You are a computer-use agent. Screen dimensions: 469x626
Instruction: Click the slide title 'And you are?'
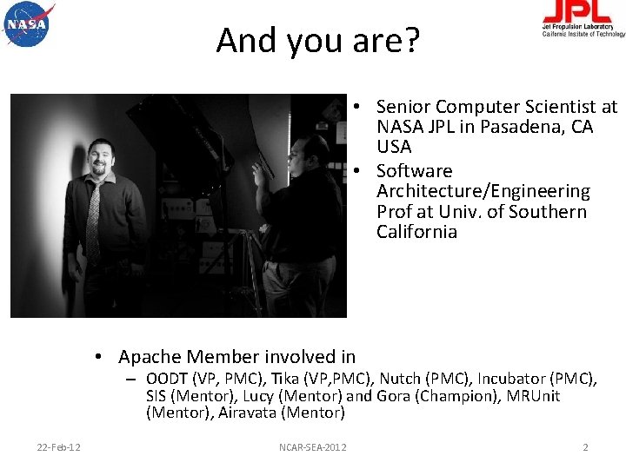click(x=317, y=40)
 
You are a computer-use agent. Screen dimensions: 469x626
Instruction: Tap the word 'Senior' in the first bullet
click(x=403, y=107)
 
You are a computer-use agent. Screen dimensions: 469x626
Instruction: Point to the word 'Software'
click(x=414, y=171)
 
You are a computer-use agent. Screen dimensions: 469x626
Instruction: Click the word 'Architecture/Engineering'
click(x=483, y=191)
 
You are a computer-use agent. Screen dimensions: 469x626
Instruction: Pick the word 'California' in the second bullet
click(x=416, y=232)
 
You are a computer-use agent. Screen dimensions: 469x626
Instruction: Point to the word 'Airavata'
click(x=247, y=413)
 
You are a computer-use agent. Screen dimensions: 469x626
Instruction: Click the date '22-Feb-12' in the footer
click(x=59, y=447)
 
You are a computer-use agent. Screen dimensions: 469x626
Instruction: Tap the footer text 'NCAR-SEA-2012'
click(x=312, y=447)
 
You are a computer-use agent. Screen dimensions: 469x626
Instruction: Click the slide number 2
click(x=585, y=447)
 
